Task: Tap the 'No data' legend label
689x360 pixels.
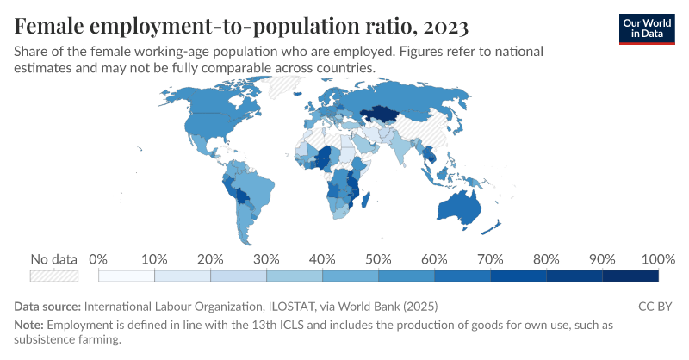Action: pyautogui.click(x=53, y=259)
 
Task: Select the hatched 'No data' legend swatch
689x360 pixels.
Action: pyautogui.click(x=53, y=276)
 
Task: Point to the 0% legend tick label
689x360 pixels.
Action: pyautogui.click(x=98, y=259)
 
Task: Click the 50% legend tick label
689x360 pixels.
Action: pyautogui.click(x=378, y=259)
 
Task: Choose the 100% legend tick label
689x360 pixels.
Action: pyautogui.click(x=658, y=259)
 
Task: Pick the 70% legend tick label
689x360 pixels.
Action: pyautogui.click(x=490, y=259)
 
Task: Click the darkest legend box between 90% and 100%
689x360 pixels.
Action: pyautogui.click(x=630, y=276)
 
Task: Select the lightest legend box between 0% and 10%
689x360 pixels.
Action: pyautogui.click(x=127, y=276)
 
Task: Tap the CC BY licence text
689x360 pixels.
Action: pyautogui.click(x=655, y=306)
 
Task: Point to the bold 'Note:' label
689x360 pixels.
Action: pyautogui.click(x=29, y=325)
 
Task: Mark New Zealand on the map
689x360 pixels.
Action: pyautogui.click(x=493, y=226)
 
